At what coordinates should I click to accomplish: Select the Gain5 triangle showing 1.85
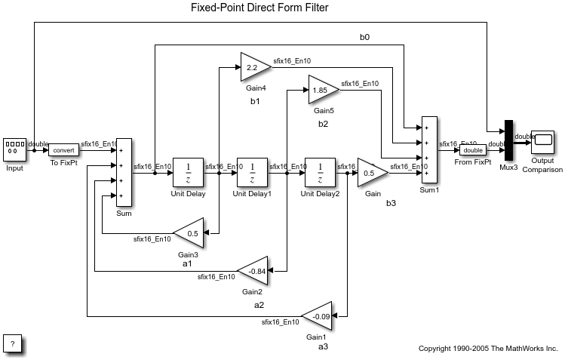(x=322, y=90)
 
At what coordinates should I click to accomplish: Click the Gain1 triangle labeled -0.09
(x=319, y=315)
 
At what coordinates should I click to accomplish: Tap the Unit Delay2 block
(x=320, y=172)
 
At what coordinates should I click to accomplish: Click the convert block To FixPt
(x=63, y=149)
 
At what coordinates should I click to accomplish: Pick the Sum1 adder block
(x=428, y=149)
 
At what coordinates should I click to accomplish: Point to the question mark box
(x=13, y=343)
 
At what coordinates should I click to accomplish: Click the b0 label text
(x=364, y=38)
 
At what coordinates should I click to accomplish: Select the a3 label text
(x=323, y=346)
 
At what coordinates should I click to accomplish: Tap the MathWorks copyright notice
(x=487, y=348)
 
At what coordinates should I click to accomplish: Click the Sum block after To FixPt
(x=124, y=172)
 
